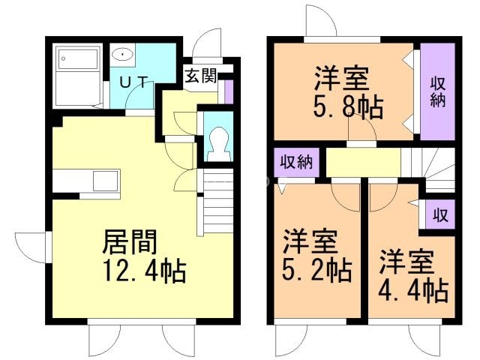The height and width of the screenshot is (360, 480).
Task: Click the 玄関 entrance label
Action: (201, 76)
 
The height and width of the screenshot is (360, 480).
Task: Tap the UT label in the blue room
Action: (133, 82)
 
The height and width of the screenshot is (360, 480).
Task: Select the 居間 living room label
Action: (130, 241)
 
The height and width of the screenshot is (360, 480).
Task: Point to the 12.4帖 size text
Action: (145, 270)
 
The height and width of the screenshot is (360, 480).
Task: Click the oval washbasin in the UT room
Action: (122, 55)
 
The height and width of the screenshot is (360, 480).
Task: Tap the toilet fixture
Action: (218, 143)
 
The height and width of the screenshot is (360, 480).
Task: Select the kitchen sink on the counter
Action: (106, 181)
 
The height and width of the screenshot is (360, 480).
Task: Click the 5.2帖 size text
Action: (316, 270)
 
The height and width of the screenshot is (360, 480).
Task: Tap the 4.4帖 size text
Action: (413, 291)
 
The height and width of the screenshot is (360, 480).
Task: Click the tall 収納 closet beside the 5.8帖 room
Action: (437, 91)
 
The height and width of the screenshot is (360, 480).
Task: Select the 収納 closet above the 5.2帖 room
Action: (297, 162)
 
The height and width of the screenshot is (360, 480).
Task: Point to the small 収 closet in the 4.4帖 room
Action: (440, 214)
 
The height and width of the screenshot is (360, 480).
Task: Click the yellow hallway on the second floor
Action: (363, 162)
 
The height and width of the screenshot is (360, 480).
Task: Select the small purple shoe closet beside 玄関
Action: (229, 91)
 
